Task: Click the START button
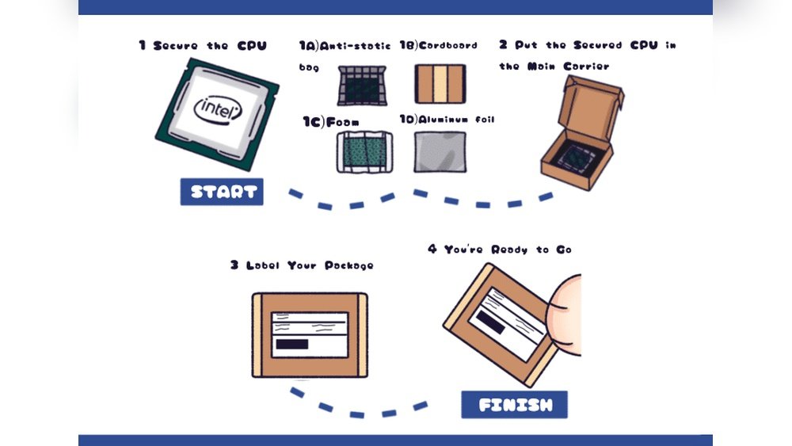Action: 222,192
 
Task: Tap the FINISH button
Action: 515,405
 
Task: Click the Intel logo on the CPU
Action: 218,109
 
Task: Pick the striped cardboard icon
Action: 440,84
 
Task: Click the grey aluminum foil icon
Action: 440,151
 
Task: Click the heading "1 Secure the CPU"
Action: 203,46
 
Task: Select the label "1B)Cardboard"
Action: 438,46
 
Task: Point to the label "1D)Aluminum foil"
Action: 447,120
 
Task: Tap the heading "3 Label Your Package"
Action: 302,265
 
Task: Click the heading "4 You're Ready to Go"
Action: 499,250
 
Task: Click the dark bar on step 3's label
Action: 291,345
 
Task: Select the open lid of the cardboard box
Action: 592,99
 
